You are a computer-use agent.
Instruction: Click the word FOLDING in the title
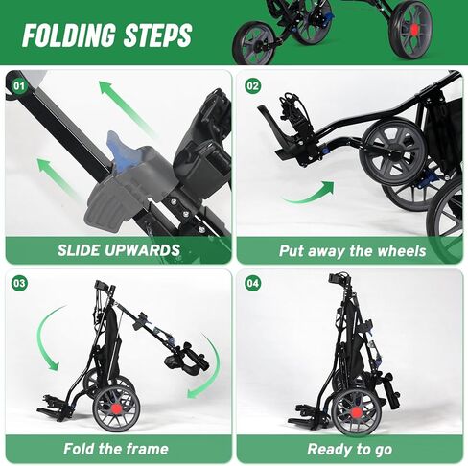coord(69,35)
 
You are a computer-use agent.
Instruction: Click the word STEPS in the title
coord(156,35)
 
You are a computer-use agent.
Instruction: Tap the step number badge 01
coord(17,85)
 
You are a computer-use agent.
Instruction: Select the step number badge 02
coord(253,85)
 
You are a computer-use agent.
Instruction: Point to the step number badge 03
coord(17,284)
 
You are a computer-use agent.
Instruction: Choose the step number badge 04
coord(253,284)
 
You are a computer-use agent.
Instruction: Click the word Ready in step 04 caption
coord(328,449)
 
